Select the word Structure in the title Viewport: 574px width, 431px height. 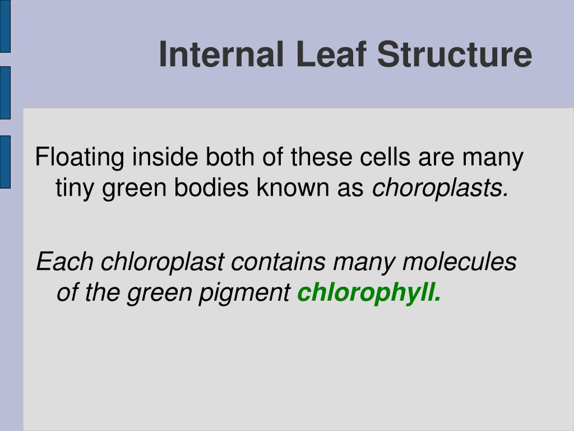[454, 55]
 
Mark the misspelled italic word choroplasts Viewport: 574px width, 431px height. [441, 189]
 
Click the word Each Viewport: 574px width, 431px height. [65, 262]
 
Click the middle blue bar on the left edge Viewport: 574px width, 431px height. [5, 93]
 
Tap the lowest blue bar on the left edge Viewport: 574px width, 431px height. [5, 162]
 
